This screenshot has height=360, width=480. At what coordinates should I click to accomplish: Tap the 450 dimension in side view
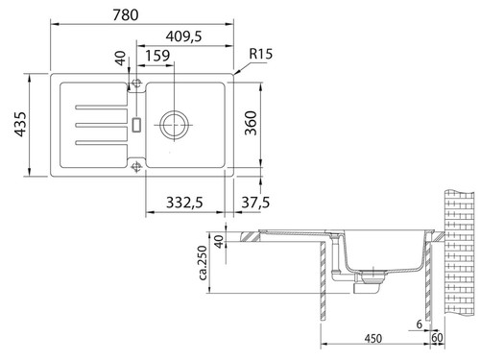(373, 337)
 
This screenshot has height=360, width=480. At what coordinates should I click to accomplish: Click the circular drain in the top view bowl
(175, 124)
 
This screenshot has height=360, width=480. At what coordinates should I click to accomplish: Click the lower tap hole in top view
(137, 166)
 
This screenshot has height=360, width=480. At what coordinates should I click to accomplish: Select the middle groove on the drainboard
(96, 124)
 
